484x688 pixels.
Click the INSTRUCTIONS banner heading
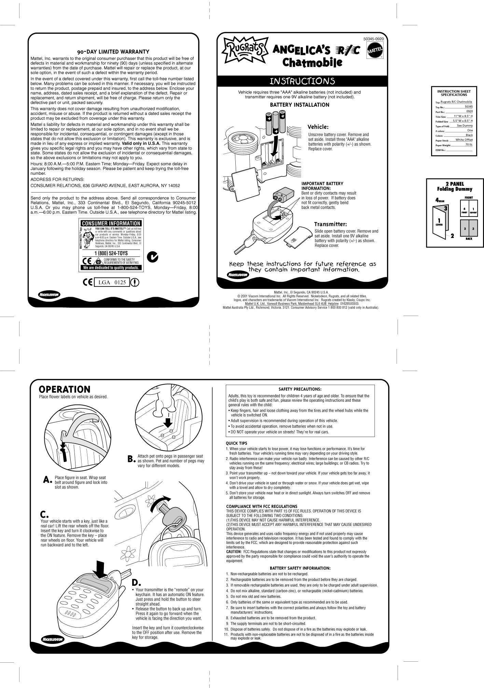click(302, 81)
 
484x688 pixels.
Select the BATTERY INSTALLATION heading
click(300, 105)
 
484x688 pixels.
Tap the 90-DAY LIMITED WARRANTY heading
click(113, 52)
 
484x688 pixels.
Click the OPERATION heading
click(65, 389)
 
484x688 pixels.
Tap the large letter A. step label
click(47, 480)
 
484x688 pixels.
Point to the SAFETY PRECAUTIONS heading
click(300, 389)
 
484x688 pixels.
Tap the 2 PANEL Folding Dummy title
click(455, 186)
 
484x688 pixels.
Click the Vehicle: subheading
click(318, 127)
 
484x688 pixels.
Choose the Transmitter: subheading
click(330, 224)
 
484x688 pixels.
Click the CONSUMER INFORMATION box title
click(111, 224)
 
